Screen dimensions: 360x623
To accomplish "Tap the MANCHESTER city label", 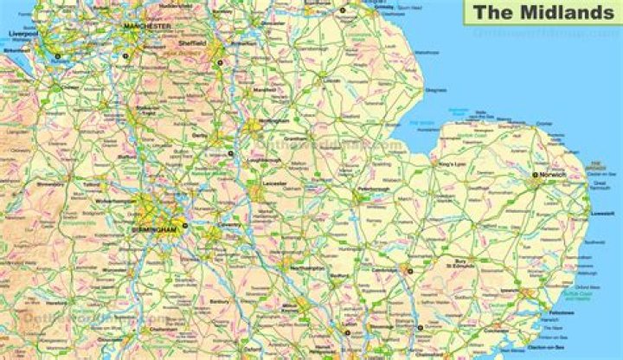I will point(148,27).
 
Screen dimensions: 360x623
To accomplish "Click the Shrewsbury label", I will point(50,183).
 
